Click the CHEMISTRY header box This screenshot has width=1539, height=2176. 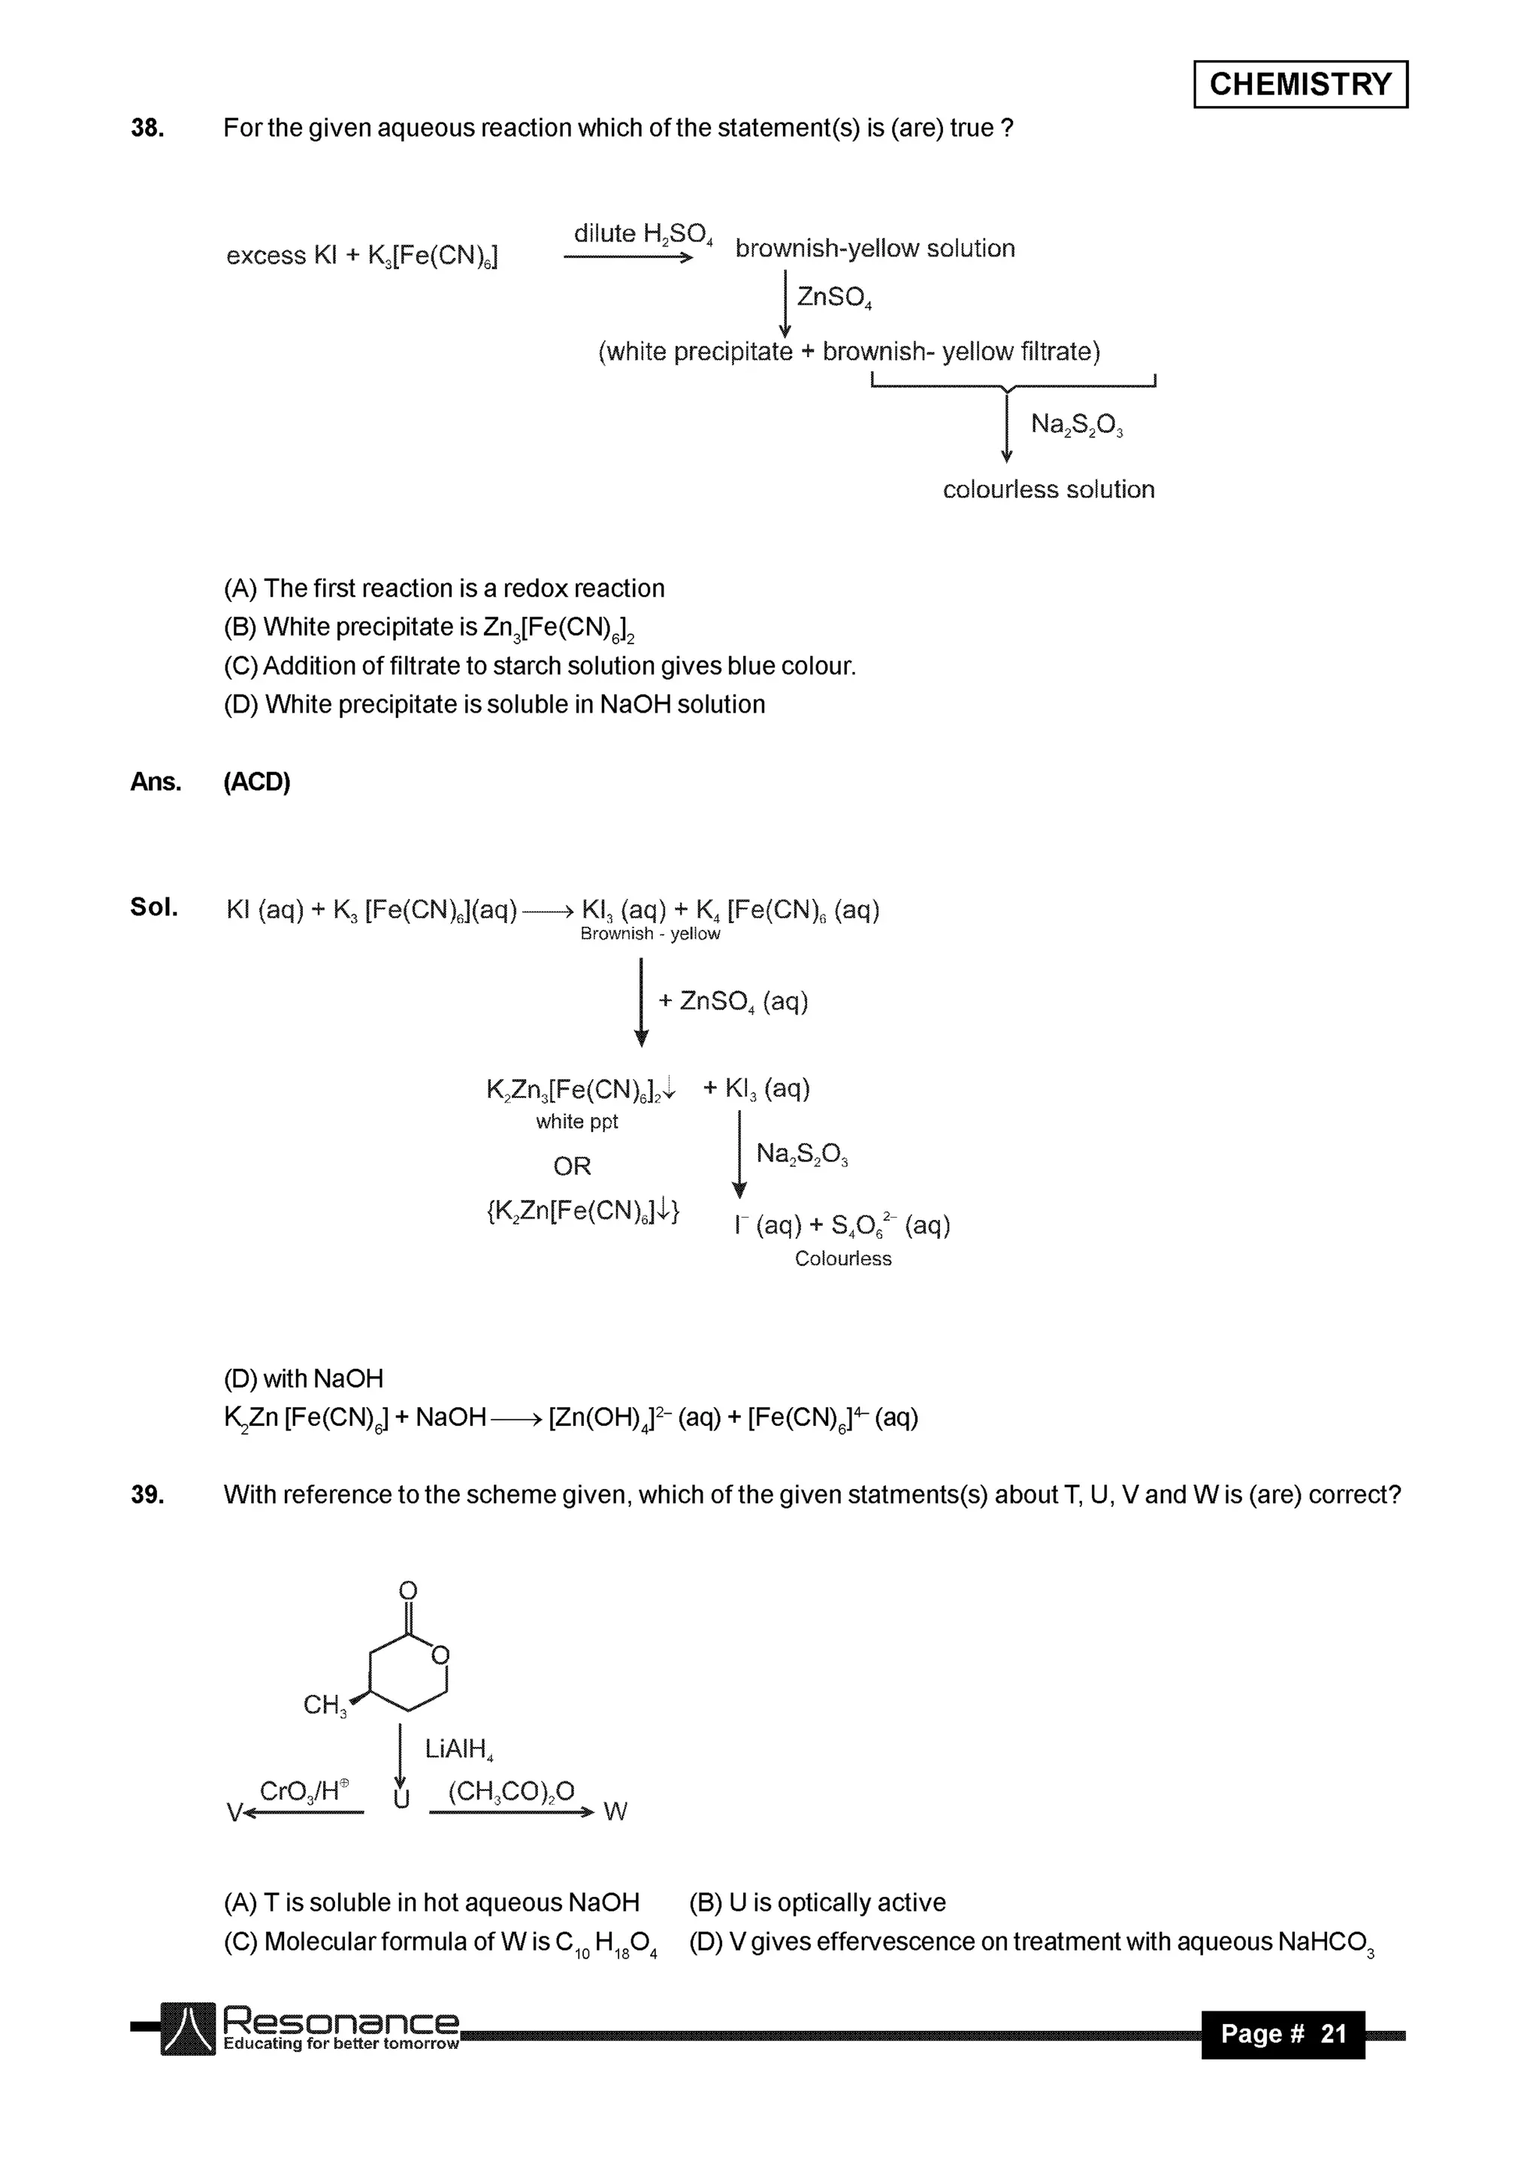pos(1299,84)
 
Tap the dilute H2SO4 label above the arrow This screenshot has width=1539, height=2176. pos(643,234)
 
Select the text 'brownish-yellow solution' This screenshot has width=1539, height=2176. pos(874,248)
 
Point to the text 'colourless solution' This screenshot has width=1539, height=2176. pos(1048,489)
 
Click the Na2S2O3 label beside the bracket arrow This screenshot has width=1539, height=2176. pos(1077,424)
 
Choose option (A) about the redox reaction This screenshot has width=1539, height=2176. pos(443,589)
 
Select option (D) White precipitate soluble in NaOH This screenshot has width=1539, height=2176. pos(494,704)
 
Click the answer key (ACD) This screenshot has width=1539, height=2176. pos(257,782)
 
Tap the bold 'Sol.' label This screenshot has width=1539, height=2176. pos(153,907)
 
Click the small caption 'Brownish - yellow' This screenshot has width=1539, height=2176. pos(650,934)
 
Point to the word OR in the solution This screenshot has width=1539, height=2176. pos(571,1166)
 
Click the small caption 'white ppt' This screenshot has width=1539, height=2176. pos(576,1121)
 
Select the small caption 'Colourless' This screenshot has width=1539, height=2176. pos(842,1258)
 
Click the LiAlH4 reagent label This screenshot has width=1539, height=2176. pos(460,1748)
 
